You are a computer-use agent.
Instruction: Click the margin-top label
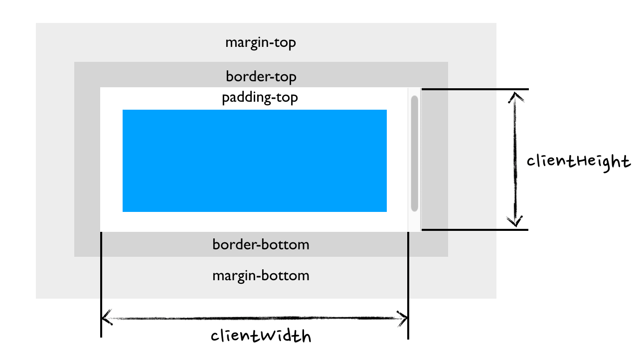pyautogui.click(x=260, y=42)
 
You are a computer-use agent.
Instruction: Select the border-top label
pyautogui.click(x=261, y=77)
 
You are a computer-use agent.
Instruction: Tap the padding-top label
pyautogui.click(x=260, y=97)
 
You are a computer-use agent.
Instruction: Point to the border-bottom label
pyautogui.click(x=261, y=245)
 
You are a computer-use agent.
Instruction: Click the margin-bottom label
pyautogui.click(x=261, y=276)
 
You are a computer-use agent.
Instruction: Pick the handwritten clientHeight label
pyautogui.click(x=578, y=162)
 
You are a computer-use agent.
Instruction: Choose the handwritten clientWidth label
pyautogui.click(x=261, y=336)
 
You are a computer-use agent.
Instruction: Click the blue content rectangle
pyautogui.click(x=254, y=161)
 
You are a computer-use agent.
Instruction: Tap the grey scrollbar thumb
pyautogui.click(x=414, y=153)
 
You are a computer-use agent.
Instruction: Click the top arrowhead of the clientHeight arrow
pyautogui.click(x=515, y=96)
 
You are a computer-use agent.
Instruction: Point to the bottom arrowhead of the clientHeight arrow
pyautogui.click(x=515, y=222)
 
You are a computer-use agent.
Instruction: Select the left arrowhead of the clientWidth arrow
pyautogui.click(x=106, y=318)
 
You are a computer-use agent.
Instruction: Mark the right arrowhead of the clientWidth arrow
pyautogui.click(x=403, y=318)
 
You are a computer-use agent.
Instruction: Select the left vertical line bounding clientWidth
pyautogui.click(x=101, y=284)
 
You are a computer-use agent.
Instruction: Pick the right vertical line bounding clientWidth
pyautogui.click(x=408, y=284)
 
